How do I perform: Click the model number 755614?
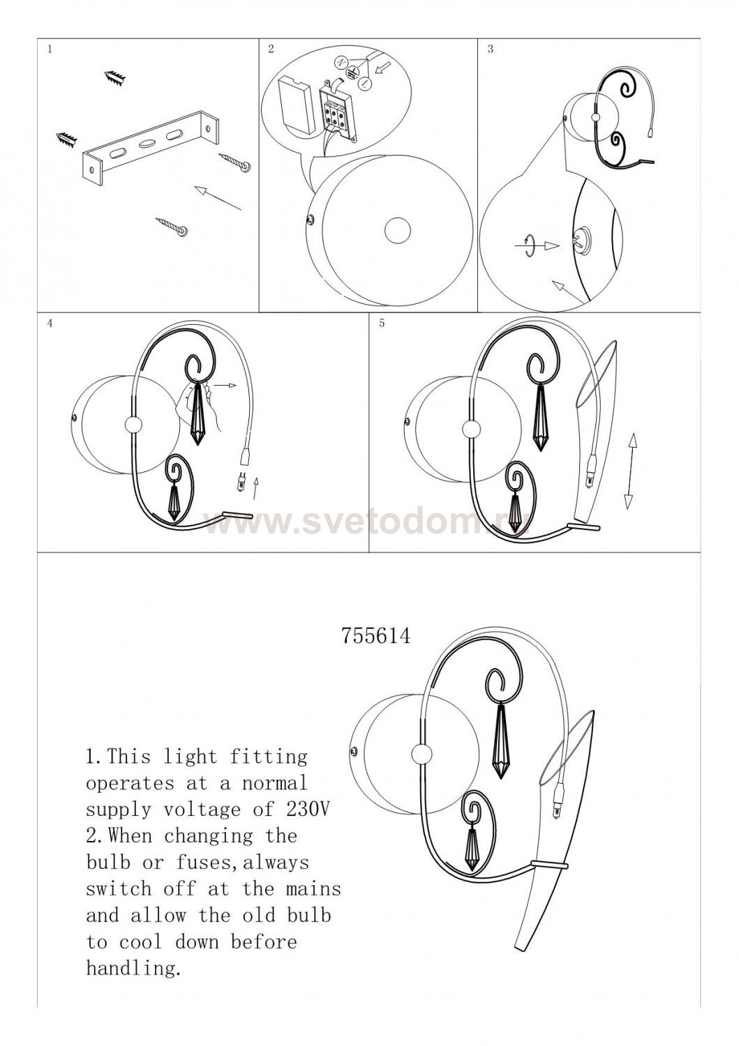coord(376,635)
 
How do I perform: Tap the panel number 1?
coord(50,49)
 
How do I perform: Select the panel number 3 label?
coord(490,49)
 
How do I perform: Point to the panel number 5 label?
coord(382,323)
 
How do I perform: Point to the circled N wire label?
coord(341,63)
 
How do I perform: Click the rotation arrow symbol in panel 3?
coord(530,245)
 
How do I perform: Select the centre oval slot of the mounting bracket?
coord(148,142)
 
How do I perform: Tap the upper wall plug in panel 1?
coord(115,78)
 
